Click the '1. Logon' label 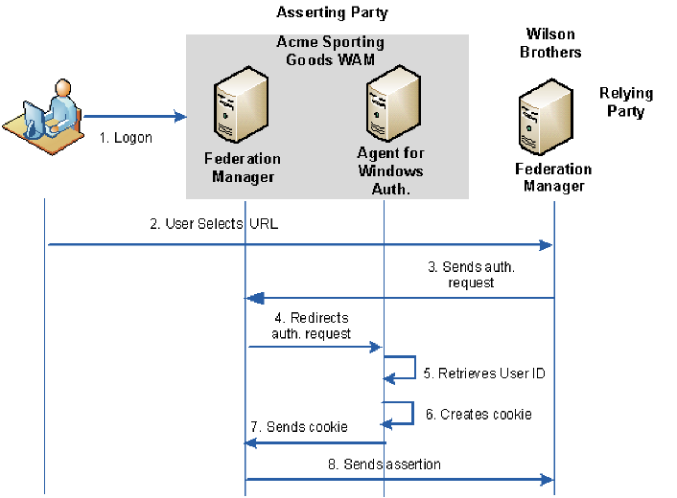click(126, 137)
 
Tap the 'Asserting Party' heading click(332, 12)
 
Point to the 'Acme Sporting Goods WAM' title click(330, 50)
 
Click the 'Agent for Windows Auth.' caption click(390, 170)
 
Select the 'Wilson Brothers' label click(550, 43)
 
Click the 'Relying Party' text click(625, 102)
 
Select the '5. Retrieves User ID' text click(484, 373)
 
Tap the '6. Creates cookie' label click(479, 415)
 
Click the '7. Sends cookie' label click(299, 427)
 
